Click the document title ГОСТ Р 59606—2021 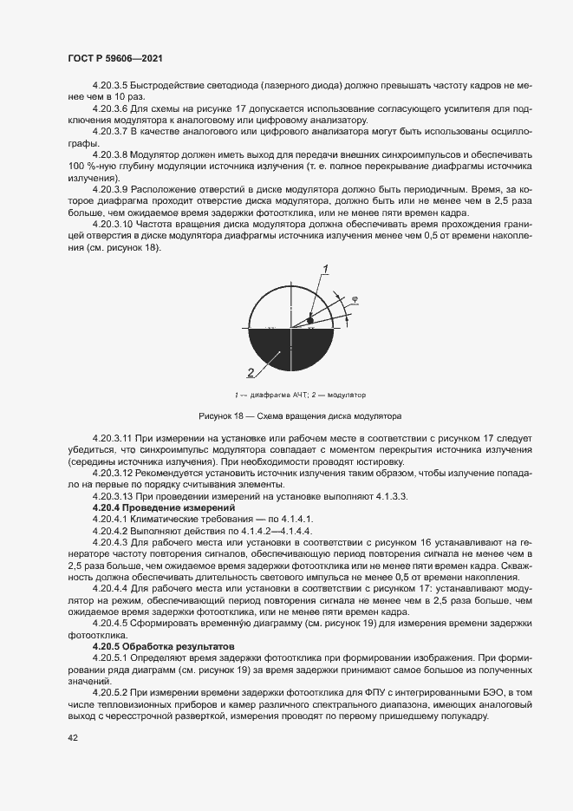(114, 58)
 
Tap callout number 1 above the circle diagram (325, 268)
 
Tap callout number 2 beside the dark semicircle (251, 373)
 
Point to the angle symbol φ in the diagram (354, 301)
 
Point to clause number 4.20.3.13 (112, 495)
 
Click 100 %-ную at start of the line (90, 165)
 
